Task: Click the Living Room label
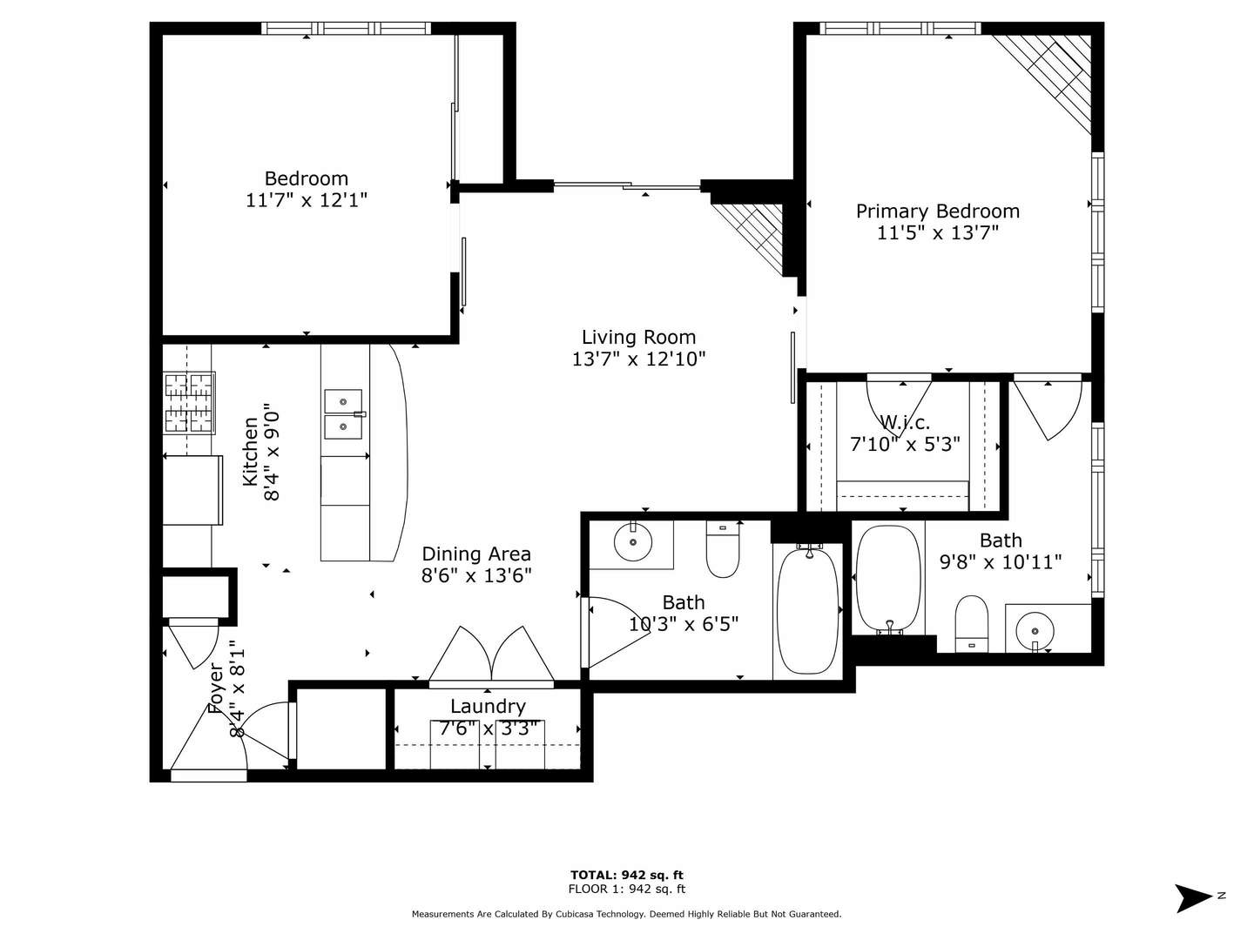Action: pyautogui.click(x=638, y=338)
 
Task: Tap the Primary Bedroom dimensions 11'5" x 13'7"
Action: pyautogui.click(x=937, y=232)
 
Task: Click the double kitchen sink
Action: pyautogui.click(x=344, y=413)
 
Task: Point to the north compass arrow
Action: pyautogui.click(x=1194, y=897)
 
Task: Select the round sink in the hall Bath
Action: pyautogui.click(x=632, y=542)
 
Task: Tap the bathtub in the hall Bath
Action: pyautogui.click(x=807, y=610)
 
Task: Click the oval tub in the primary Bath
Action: pyautogui.click(x=888, y=579)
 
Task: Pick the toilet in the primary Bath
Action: pyautogui.click(x=972, y=622)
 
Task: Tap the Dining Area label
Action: pyautogui.click(x=476, y=554)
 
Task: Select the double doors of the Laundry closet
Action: pyautogui.click(x=492, y=655)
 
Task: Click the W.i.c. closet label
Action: pyautogui.click(x=905, y=423)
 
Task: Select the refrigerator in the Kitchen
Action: pyautogui.click(x=192, y=490)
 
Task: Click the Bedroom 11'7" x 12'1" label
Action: pyautogui.click(x=307, y=189)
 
